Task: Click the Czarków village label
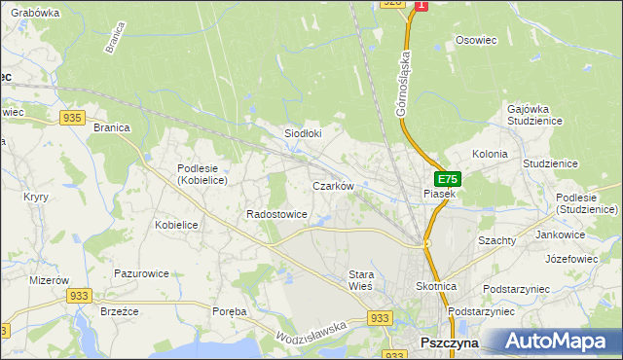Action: (x=331, y=185)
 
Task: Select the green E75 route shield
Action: (x=447, y=179)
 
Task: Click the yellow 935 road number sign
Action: (x=71, y=117)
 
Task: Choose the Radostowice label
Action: (x=277, y=214)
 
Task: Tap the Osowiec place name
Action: (x=476, y=41)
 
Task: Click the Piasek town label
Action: (x=440, y=195)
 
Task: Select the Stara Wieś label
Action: (x=361, y=281)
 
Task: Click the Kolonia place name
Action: (x=490, y=154)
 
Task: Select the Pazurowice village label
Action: (x=141, y=274)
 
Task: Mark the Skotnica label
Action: (x=436, y=288)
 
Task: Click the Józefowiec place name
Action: (x=570, y=260)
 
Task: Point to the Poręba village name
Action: (x=230, y=311)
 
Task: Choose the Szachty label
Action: (x=496, y=239)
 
